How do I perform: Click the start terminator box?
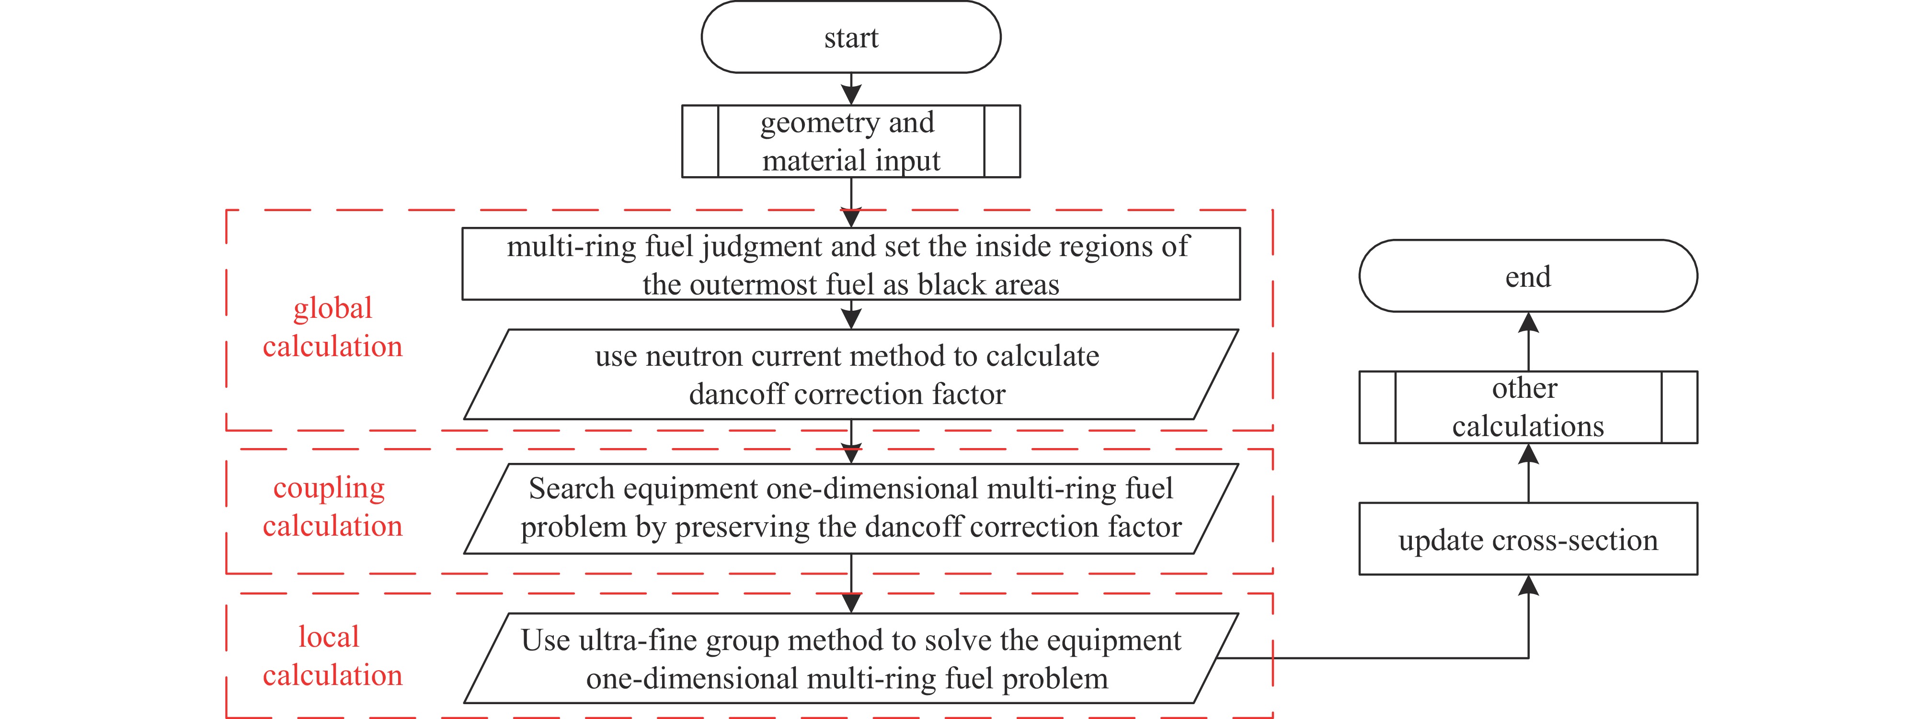tap(851, 36)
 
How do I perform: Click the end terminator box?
tap(1528, 276)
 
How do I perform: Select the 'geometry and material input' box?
tap(851, 141)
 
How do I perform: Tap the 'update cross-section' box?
tap(1528, 539)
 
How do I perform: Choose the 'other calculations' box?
tap(1528, 407)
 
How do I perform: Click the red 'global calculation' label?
tap(332, 327)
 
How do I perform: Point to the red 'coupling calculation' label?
tap(332, 506)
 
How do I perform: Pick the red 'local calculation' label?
tap(332, 655)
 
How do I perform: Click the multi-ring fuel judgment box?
tap(851, 264)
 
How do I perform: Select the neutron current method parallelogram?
tap(851, 374)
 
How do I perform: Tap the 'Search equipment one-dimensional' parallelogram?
tap(851, 508)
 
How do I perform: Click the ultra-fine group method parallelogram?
tap(851, 658)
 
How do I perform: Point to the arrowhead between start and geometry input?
tap(851, 95)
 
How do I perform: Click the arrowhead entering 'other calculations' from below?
tap(1528, 453)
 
